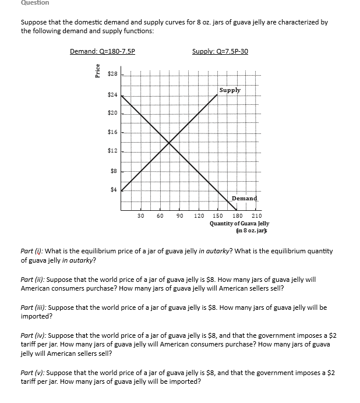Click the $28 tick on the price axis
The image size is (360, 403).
coord(113,75)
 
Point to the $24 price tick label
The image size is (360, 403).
coord(113,94)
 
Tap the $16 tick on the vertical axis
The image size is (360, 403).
coord(113,132)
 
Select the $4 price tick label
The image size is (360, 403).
coord(114,189)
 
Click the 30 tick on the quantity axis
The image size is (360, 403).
coord(140,215)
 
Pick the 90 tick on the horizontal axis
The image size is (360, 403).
coord(179,215)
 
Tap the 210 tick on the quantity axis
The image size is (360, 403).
coord(256,215)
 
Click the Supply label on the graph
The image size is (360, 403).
coord(230,90)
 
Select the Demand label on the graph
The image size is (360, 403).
coord(244,199)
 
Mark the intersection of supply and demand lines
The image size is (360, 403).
coord(169,143)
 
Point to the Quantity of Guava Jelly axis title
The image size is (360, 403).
coord(239,224)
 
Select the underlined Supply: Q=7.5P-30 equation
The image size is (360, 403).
coord(220,51)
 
